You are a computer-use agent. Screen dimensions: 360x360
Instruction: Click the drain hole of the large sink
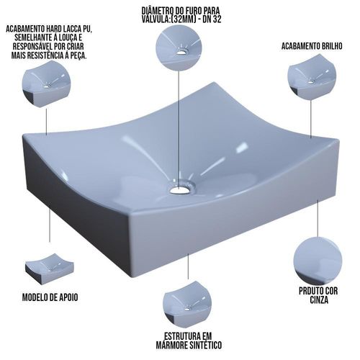[180, 190]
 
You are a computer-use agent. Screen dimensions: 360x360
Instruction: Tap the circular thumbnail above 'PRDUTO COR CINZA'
[318, 261]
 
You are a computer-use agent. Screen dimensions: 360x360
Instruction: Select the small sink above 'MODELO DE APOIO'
[50, 269]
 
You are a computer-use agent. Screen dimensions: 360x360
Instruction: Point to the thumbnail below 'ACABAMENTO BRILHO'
[312, 77]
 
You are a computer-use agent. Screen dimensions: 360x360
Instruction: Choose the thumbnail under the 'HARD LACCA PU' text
[47, 84]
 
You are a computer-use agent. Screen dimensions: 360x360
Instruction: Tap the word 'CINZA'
[319, 300]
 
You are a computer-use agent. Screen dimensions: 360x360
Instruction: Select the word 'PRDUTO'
[309, 291]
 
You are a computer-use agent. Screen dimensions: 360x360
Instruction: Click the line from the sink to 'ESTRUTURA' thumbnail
[188, 266]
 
